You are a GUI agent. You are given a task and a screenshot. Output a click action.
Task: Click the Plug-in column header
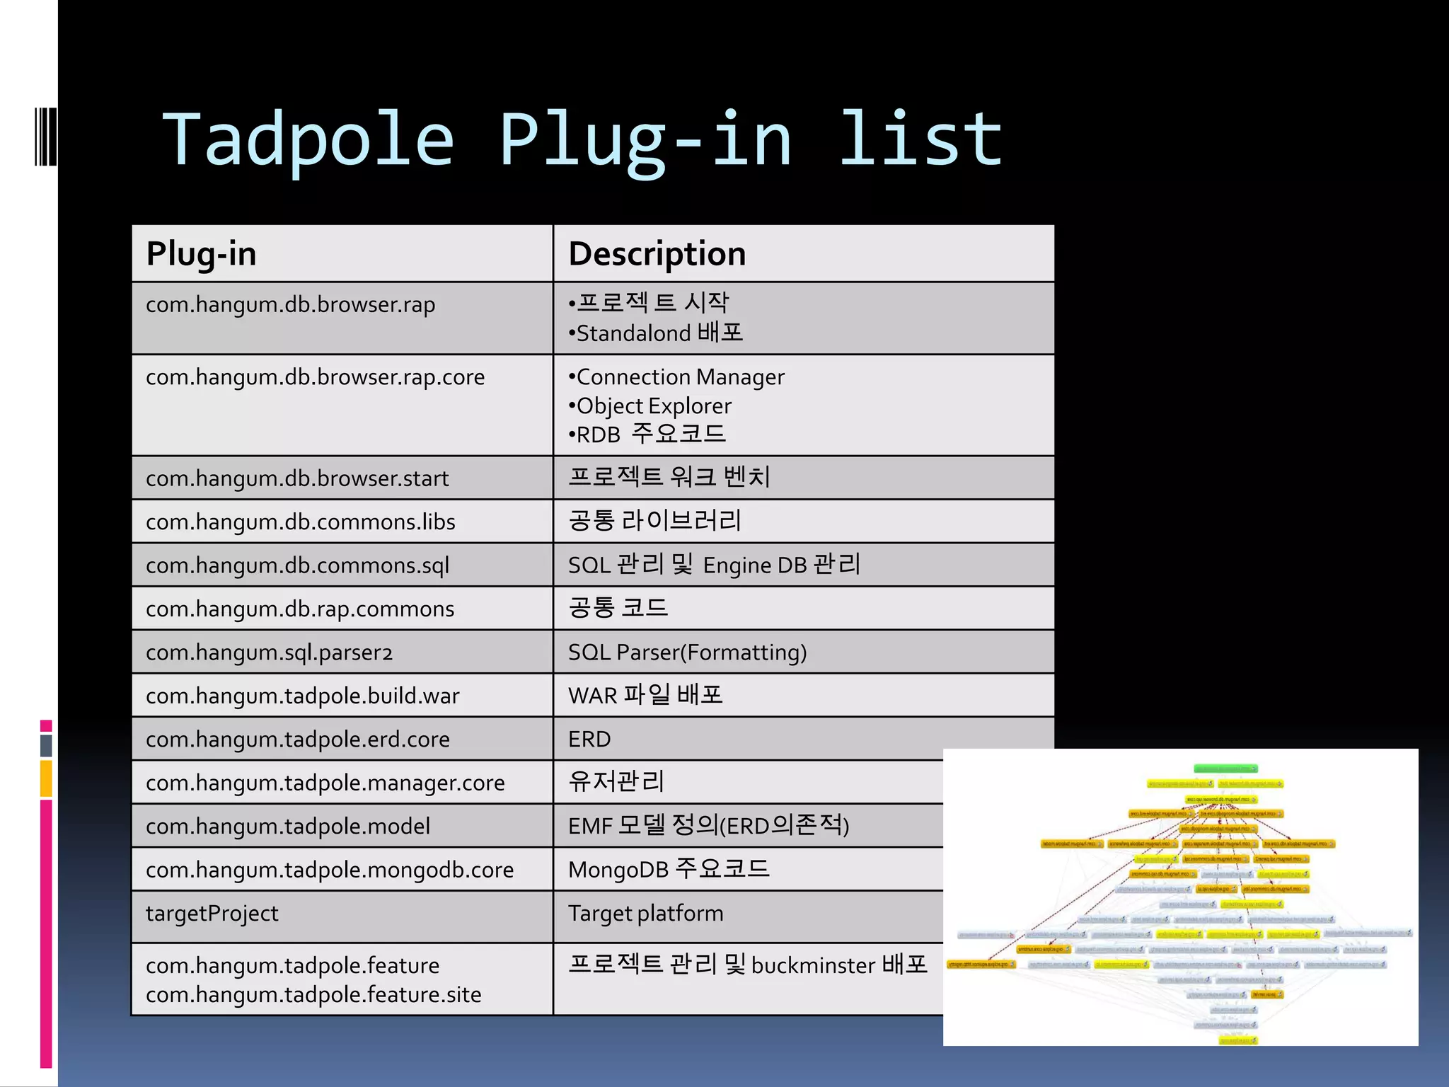click(201, 254)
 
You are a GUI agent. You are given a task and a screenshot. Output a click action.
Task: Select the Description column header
click(657, 254)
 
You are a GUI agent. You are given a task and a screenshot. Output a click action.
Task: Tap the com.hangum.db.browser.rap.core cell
click(315, 377)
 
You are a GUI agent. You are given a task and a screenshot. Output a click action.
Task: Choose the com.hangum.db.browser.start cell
click(297, 478)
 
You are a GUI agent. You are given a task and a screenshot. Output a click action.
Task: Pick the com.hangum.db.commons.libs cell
click(300, 522)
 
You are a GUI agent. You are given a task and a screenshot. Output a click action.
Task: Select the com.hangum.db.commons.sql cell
click(297, 565)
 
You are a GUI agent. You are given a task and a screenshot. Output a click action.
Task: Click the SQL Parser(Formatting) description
click(687, 652)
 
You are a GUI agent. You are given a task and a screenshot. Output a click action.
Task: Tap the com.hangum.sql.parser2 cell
click(269, 652)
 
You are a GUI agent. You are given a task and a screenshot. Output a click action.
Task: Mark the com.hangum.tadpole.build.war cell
click(302, 696)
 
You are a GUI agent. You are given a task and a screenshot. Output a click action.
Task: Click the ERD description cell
click(589, 740)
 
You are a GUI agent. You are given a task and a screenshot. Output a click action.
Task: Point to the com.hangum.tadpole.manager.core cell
click(325, 783)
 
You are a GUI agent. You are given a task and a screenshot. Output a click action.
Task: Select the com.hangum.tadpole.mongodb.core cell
click(330, 870)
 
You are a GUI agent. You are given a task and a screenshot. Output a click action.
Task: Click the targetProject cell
click(212, 914)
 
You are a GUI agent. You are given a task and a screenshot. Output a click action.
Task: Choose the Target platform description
click(645, 914)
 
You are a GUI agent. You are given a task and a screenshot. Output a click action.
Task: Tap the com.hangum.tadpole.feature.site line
click(313, 995)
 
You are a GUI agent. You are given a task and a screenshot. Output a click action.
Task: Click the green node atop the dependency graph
click(1225, 769)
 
